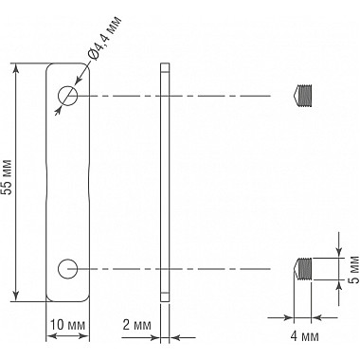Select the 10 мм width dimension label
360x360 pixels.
67,325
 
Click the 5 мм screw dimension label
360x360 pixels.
350,270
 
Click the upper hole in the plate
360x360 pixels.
67,96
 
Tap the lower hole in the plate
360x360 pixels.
67,270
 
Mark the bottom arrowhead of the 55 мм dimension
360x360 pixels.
17,296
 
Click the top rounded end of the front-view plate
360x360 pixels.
67,66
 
